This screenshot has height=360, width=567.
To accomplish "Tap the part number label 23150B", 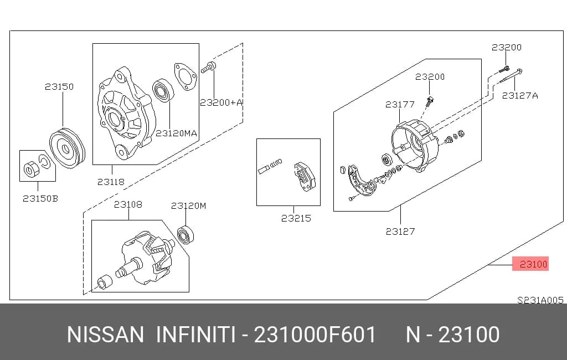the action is tap(40, 199).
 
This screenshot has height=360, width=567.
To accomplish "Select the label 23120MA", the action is tap(177, 133).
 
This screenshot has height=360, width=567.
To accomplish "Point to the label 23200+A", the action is tap(221, 103).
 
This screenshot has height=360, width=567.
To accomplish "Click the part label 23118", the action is tap(111, 182).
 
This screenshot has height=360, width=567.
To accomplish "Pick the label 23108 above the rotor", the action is tap(128, 204).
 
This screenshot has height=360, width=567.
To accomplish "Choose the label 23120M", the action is tap(188, 206).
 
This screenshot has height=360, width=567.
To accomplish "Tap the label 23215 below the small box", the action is tap(296, 218).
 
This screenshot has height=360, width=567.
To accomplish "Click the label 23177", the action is tap(400, 105).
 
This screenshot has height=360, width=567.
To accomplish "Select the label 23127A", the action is tap(520, 95).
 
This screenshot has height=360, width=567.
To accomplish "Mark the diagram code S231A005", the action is tap(540, 300).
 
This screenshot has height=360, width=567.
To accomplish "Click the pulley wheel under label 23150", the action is tap(67, 148).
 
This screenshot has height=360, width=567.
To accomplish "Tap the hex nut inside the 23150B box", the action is tap(29, 169).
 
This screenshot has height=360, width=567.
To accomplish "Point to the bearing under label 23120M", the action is tap(185, 234).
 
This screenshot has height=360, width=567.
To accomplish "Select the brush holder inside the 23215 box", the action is tap(304, 176).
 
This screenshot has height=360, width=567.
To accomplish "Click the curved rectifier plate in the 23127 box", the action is tap(362, 181).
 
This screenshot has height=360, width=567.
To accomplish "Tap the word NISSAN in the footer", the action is tap(105, 335).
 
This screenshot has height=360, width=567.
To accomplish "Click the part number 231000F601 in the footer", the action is tap(315, 335).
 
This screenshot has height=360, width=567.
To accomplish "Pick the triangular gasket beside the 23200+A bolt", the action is tap(185, 76).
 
